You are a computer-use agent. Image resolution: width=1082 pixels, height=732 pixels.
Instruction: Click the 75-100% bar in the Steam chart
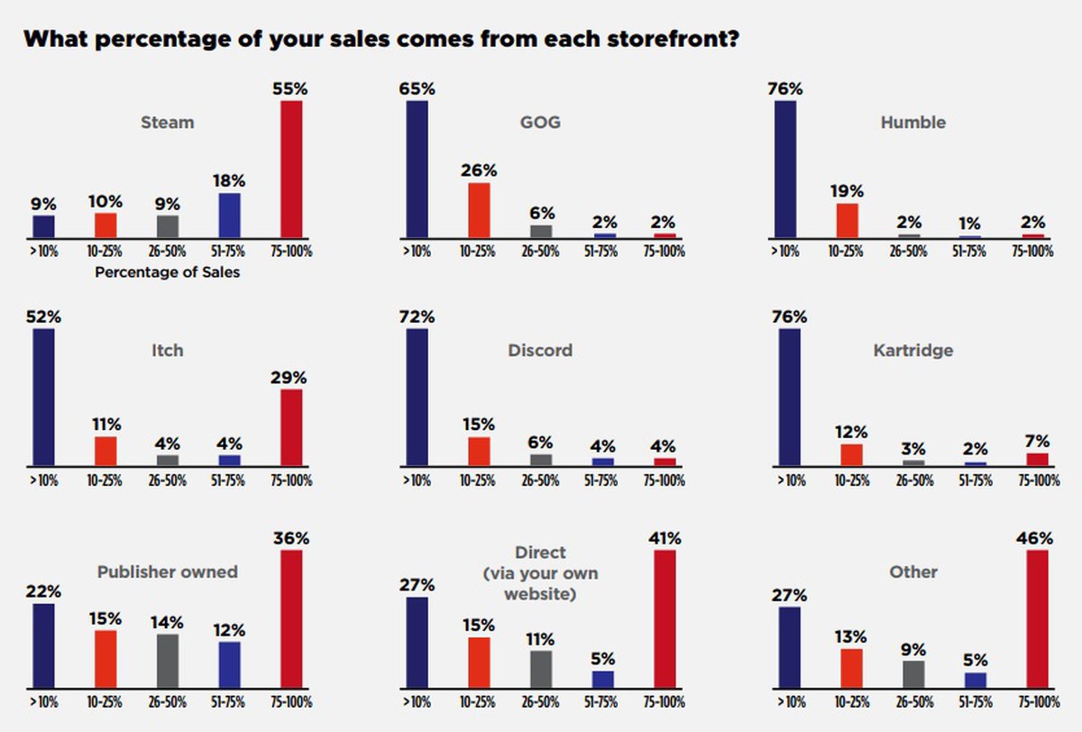tap(291, 169)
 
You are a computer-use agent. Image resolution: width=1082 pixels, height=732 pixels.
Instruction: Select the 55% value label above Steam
tap(291, 90)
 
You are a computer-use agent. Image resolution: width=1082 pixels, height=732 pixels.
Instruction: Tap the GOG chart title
tap(541, 122)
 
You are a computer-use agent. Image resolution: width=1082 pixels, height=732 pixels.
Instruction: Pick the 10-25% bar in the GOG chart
tap(479, 210)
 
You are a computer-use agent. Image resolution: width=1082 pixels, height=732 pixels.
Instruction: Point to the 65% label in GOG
tap(417, 89)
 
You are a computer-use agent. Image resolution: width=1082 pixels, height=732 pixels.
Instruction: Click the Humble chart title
tap(913, 122)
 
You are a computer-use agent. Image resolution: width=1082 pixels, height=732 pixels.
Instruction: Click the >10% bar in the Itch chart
tap(43, 398)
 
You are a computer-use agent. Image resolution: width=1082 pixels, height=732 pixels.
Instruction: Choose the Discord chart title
tap(540, 350)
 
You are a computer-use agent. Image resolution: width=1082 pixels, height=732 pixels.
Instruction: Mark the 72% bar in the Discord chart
tap(417, 398)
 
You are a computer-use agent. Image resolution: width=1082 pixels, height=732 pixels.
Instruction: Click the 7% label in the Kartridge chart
tap(1037, 441)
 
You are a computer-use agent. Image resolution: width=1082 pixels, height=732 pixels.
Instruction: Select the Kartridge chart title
tap(912, 350)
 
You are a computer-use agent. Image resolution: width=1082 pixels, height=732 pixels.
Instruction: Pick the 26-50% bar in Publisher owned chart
tap(168, 662)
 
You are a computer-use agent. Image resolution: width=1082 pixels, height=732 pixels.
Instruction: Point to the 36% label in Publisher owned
tap(290, 538)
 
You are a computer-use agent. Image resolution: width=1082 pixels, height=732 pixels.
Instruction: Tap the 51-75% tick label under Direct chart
tap(603, 702)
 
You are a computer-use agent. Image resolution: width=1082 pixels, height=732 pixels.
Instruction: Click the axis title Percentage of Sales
tap(168, 271)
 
